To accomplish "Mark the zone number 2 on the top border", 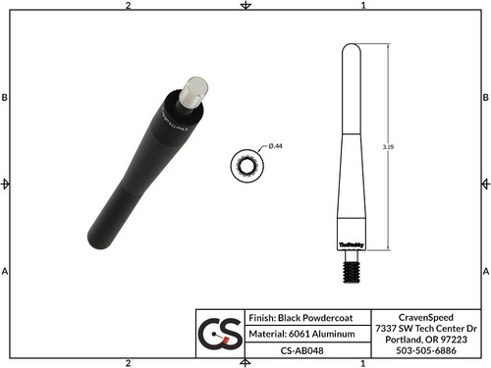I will click(x=129, y=6).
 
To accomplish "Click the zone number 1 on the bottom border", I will click(x=364, y=362).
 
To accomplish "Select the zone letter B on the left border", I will click(x=6, y=98).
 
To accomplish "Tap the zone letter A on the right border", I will click(x=485, y=270).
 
